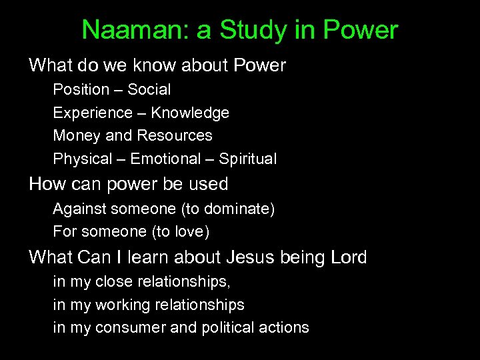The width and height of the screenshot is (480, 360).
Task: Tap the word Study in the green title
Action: pyautogui.click(x=247, y=30)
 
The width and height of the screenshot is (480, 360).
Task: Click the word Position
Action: pyautogui.click(x=81, y=89)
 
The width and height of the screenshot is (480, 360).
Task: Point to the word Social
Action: pyautogui.click(x=149, y=89)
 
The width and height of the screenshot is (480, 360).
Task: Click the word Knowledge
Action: pyautogui.click(x=190, y=113)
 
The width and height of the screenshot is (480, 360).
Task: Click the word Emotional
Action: pyautogui.click(x=165, y=159)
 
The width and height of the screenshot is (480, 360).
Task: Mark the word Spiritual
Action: pyautogui.click(x=248, y=159)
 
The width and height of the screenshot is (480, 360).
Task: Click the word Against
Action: pyautogui.click(x=80, y=209)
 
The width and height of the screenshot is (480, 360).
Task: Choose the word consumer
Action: pyautogui.click(x=127, y=327)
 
